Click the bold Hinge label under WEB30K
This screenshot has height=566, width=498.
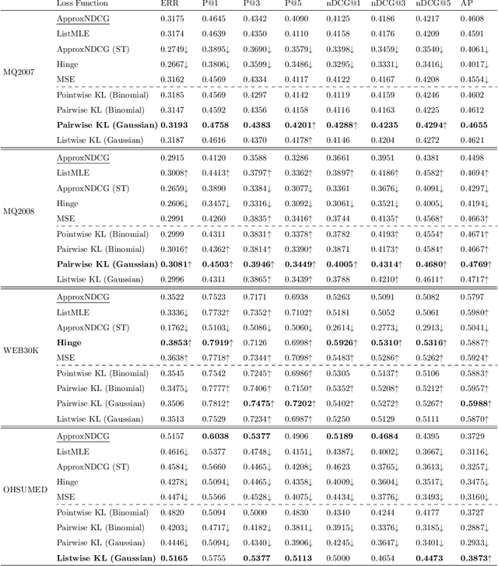pyautogui.click(x=68, y=342)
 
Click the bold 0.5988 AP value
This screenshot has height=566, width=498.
pyautogui.click(x=474, y=403)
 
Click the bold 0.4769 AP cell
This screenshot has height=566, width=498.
pyautogui.click(x=474, y=264)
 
